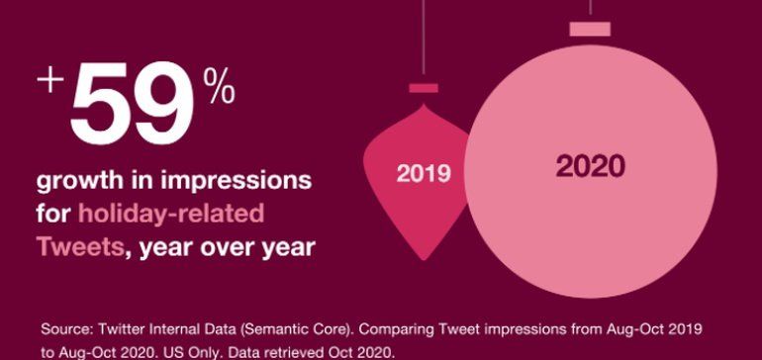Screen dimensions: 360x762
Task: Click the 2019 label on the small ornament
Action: [424, 174]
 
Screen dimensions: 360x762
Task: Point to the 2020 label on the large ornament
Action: [590, 166]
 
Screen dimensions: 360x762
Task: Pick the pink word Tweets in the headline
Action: [80, 246]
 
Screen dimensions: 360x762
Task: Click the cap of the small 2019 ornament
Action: [424, 88]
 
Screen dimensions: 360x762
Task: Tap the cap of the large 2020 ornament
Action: [590, 28]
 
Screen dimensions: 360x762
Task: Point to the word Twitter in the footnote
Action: [120, 327]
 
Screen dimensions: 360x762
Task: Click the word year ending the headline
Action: [283, 246]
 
